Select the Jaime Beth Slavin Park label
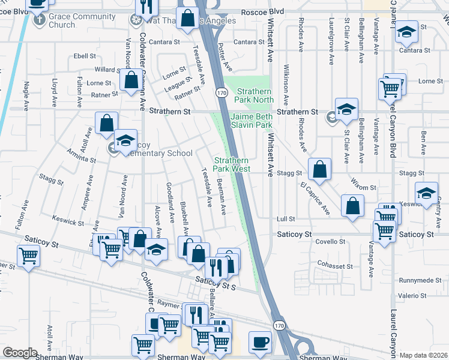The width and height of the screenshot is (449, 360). [x=252, y=121]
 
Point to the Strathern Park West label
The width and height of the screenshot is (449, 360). [x=232, y=164]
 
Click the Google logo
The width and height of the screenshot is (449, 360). [x=20, y=353]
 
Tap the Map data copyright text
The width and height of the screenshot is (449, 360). [x=424, y=355]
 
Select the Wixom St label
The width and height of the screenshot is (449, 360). [x=364, y=187]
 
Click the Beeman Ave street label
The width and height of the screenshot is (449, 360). [x=222, y=197]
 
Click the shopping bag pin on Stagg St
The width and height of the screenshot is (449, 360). [x=321, y=169]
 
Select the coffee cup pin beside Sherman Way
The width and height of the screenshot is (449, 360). [x=260, y=342]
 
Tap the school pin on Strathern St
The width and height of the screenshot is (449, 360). [x=346, y=110]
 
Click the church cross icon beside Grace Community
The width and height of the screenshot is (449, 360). [x=40, y=20]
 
